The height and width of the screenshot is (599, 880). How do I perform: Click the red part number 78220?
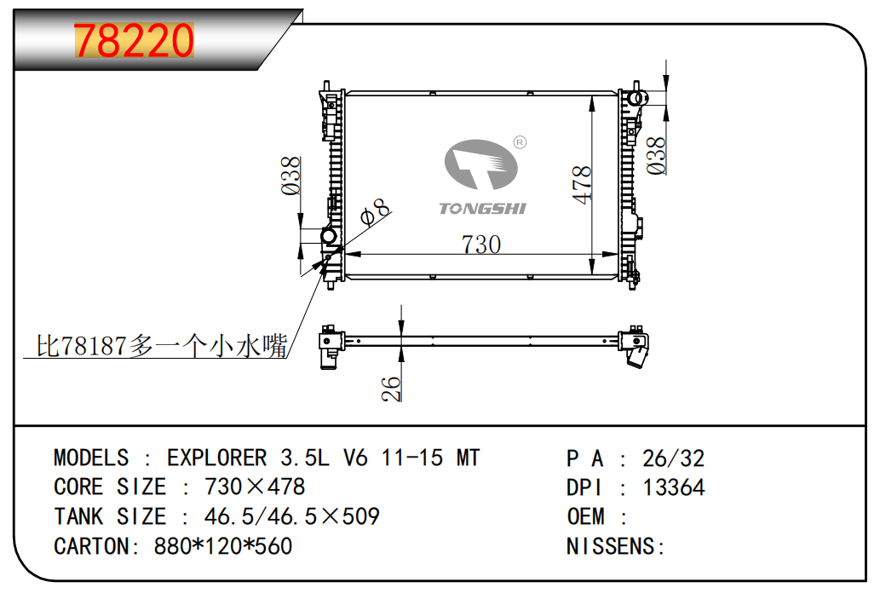point(134,40)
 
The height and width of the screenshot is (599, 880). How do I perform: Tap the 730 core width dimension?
point(481,245)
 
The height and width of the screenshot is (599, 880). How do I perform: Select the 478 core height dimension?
point(582,185)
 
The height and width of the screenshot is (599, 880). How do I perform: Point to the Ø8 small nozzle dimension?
point(375,211)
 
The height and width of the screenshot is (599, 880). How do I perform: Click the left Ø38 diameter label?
point(290,176)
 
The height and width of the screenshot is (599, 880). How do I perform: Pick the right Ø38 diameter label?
point(655,156)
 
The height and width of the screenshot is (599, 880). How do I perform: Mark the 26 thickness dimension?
point(391,389)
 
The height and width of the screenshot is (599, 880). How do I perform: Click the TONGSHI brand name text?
point(482,209)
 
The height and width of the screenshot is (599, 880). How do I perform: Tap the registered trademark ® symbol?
point(521,142)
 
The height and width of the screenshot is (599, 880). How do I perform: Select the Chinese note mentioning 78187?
point(162,345)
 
